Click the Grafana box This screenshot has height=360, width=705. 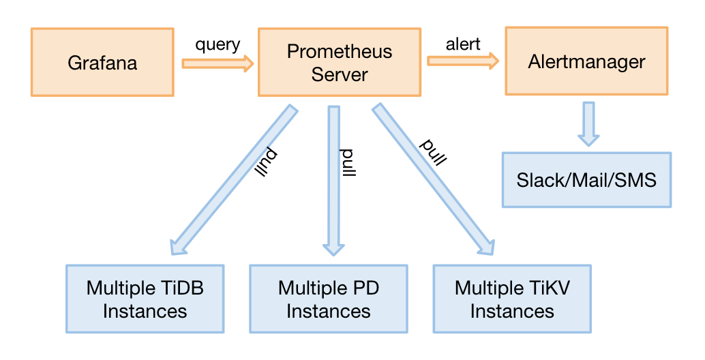click(x=102, y=63)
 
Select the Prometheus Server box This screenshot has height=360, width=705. click(x=340, y=63)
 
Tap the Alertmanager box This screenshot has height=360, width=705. click(x=586, y=61)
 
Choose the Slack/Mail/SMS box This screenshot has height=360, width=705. click(x=586, y=180)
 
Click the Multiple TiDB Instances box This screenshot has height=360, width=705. click(x=145, y=299)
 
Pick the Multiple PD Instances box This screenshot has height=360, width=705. click(x=328, y=299)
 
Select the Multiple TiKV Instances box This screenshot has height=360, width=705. click(x=512, y=299)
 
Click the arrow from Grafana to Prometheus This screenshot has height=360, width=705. click(x=217, y=64)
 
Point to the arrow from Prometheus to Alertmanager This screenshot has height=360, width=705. click(x=463, y=61)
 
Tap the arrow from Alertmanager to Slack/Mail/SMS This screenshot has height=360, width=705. click(x=588, y=123)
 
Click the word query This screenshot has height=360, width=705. click(x=217, y=45)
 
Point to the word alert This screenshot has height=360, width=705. click(x=463, y=44)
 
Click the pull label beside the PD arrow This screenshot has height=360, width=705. click(x=349, y=161)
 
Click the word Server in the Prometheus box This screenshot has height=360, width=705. click(x=340, y=74)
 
